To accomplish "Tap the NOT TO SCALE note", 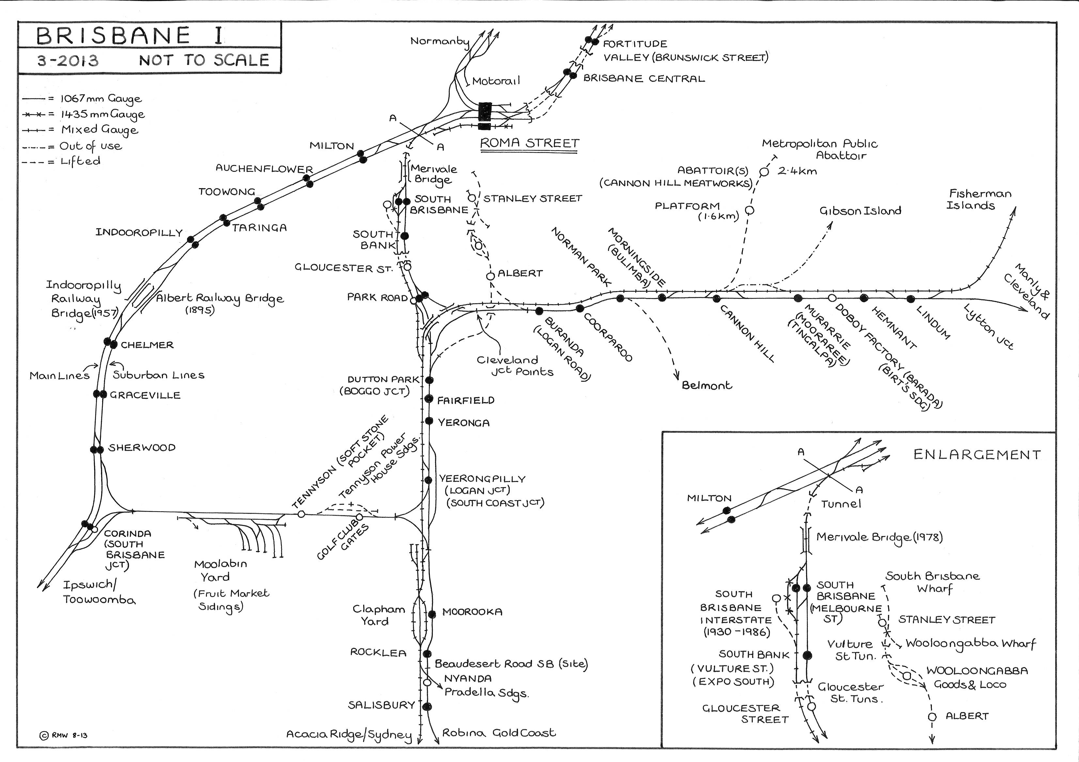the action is (x=204, y=60).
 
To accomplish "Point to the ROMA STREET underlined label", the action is (x=530, y=143).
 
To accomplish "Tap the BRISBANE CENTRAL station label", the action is (x=644, y=78).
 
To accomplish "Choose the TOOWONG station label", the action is (x=227, y=191).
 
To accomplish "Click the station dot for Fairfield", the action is (x=429, y=398).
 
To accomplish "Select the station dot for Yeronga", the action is (x=429, y=421).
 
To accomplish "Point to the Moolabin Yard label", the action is (x=220, y=570).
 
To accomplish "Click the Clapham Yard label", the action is (x=379, y=615).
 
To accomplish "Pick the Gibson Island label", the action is (x=860, y=211).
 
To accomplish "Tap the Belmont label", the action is (x=707, y=385).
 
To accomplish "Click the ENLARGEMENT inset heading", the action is (x=977, y=455).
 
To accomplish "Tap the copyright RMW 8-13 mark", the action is (x=63, y=735).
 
